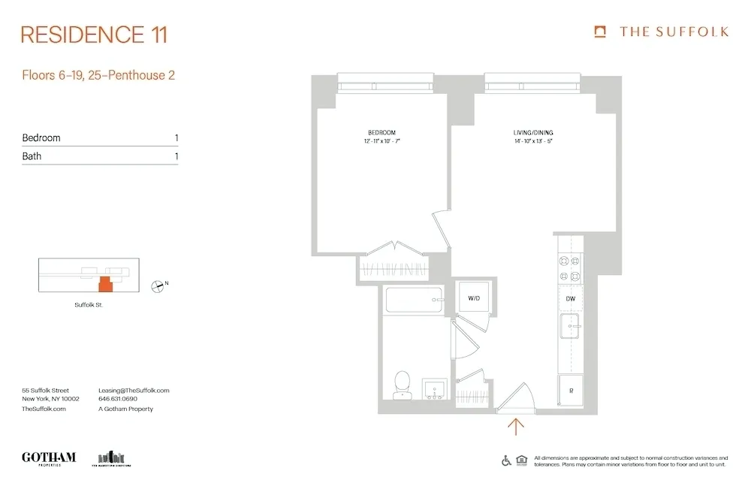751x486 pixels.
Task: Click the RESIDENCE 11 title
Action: click(94, 35)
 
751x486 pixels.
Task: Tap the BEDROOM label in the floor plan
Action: click(382, 132)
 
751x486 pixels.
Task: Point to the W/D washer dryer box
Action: click(474, 298)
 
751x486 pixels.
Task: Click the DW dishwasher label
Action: click(571, 299)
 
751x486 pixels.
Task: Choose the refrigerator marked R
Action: click(570, 391)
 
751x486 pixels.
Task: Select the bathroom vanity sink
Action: click(434, 388)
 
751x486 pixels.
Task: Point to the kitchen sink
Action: click(570, 327)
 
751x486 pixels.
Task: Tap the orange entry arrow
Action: click(516, 427)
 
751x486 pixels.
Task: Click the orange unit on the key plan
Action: click(105, 283)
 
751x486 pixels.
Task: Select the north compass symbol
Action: click(158, 285)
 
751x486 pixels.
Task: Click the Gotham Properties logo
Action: click(49, 458)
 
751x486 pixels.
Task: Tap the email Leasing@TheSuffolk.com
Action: click(134, 391)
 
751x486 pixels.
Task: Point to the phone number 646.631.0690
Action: click(119, 400)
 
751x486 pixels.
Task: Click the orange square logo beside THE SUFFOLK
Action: click(599, 32)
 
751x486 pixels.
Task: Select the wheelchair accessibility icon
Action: click(506, 460)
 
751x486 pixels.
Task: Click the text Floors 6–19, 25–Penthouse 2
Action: click(98, 75)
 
